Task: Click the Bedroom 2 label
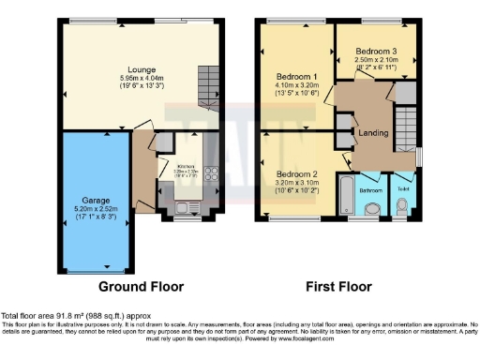295,174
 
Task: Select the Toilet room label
404,188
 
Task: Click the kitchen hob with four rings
211,176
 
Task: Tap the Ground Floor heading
141,287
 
